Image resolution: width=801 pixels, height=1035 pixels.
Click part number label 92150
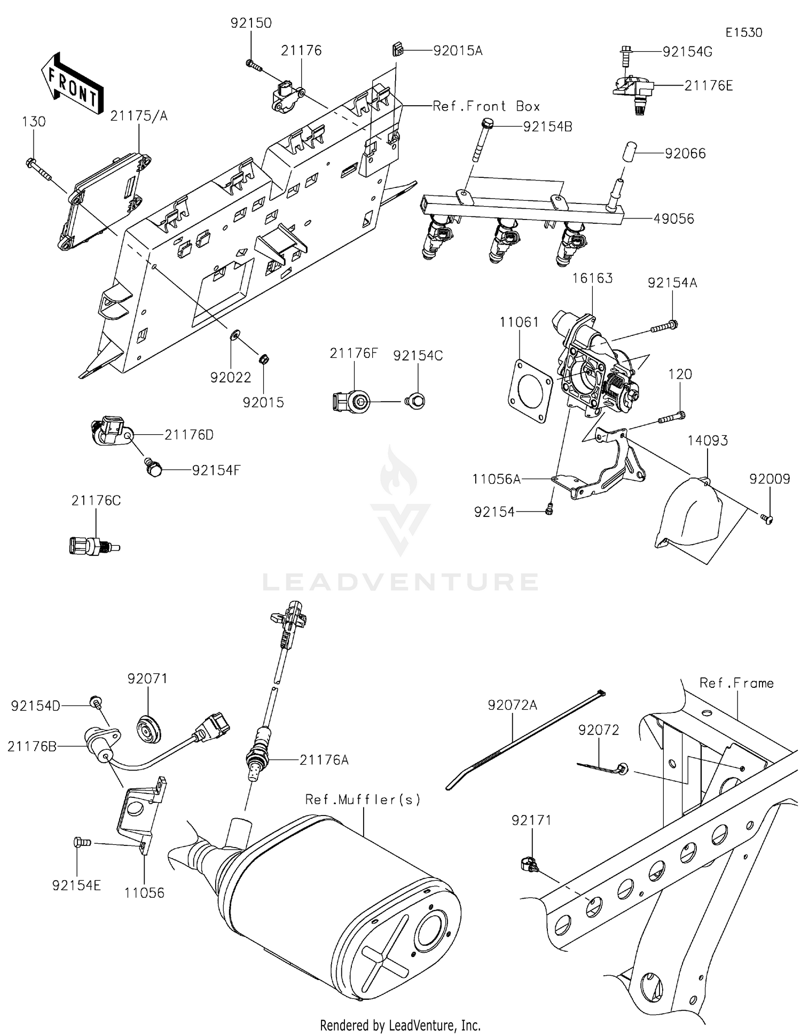[x=251, y=23]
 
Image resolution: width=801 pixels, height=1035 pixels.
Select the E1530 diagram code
[x=743, y=33]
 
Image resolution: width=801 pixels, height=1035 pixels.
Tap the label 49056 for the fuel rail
[x=674, y=218]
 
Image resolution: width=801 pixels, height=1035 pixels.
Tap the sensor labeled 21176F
[x=350, y=402]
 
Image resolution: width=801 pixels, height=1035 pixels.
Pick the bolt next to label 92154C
[x=416, y=401]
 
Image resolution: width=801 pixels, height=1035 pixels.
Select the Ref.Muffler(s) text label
[x=363, y=799]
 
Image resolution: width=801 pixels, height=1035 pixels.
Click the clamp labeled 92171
[x=528, y=864]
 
